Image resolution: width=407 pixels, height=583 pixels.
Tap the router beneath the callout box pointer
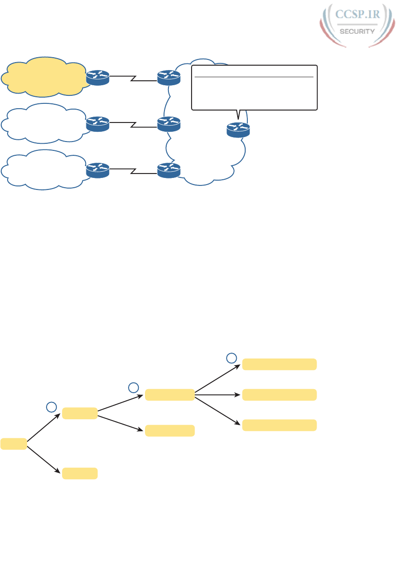click(x=238, y=129)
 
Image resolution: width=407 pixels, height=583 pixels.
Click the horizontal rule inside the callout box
click(x=254, y=77)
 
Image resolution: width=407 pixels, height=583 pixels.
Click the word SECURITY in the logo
click(x=357, y=31)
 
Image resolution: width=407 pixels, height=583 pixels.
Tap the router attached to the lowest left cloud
click(x=98, y=170)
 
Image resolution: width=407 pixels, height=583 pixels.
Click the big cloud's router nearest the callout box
click(x=169, y=76)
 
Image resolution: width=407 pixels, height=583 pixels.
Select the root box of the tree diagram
click(x=14, y=443)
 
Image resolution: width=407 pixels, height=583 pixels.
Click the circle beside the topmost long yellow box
click(x=231, y=358)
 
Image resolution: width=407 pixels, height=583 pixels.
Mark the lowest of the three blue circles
click(x=51, y=406)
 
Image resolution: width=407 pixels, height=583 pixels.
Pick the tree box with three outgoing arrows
click(x=170, y=394)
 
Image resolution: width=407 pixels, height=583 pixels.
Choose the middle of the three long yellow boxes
click(x=279, y=394)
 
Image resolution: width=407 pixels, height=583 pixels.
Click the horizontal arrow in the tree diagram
click(x=218, y=394)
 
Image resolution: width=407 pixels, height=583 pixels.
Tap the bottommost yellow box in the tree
click(x=80, y=473)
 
